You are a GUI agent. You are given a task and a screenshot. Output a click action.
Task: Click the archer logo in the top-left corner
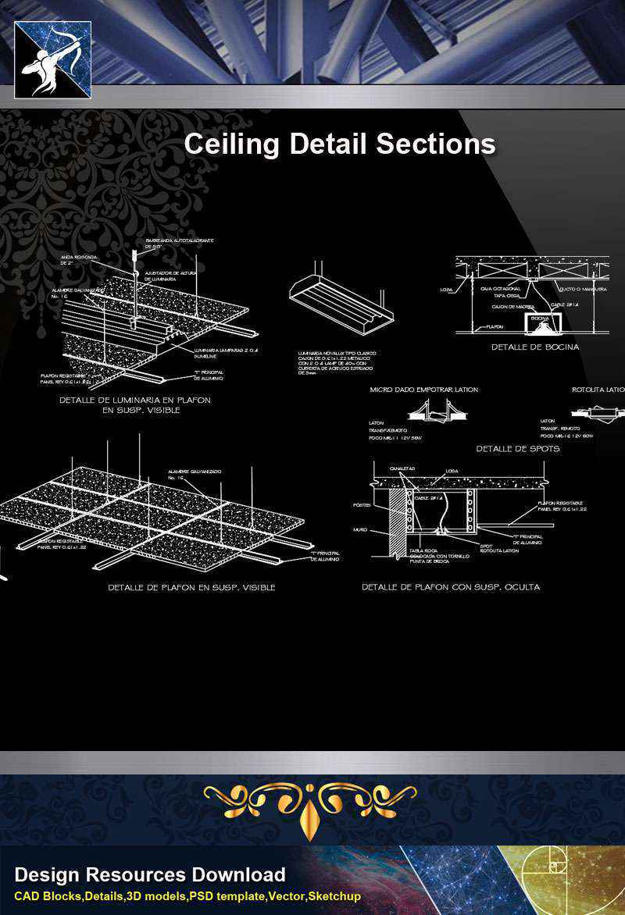(x=52, y=59)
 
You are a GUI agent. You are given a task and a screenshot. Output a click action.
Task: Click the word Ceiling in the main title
(x=233, y=144)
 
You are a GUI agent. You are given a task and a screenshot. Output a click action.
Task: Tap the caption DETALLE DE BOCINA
(x=535, y=347)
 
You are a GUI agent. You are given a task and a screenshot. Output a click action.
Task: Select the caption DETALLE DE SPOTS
(x=517, y=449)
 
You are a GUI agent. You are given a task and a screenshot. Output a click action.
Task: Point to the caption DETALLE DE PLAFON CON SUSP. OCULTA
(x=450, y=586)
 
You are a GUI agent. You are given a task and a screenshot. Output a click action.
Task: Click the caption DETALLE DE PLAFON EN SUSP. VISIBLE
(x=191, y=587)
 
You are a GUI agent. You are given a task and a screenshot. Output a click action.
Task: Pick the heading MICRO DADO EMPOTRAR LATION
(x=423, y=389)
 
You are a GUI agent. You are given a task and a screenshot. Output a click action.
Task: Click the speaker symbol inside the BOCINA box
(x=540, y=320)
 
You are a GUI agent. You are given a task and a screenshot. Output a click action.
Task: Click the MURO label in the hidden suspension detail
(x=359, y=529)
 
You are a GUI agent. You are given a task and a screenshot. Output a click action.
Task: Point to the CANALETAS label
(x=403, y=468)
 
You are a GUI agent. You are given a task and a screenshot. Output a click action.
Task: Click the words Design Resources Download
(x=150, y=875)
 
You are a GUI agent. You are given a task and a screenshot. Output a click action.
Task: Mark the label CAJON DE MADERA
(x=512, y=307)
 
